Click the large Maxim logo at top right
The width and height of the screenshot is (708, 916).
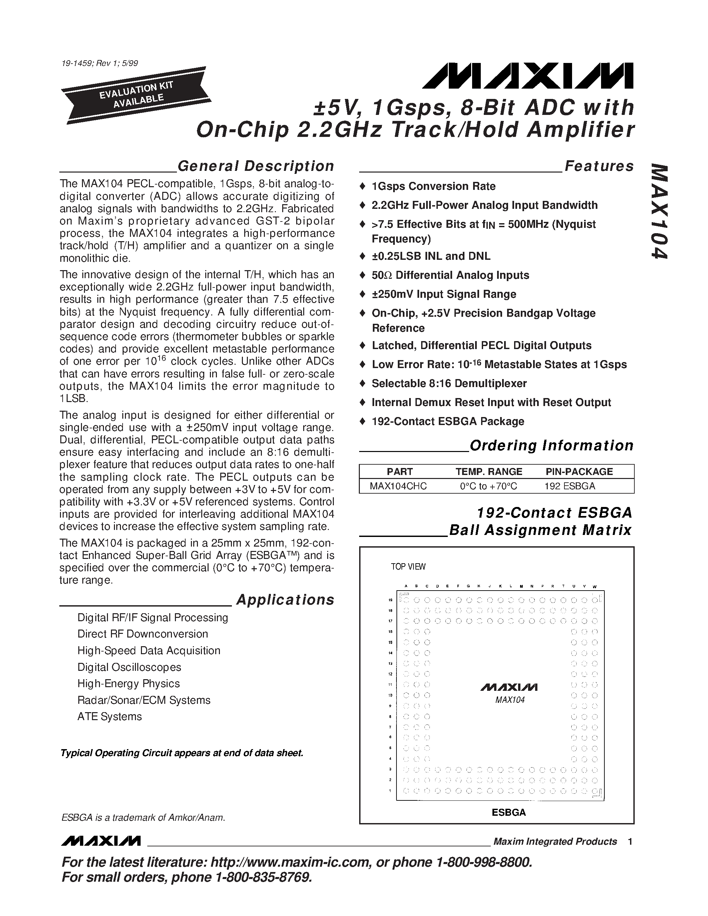tap(528, 76)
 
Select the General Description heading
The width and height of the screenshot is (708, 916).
tap(256, 166)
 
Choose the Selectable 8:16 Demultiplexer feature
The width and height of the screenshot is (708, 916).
tap(449, 383)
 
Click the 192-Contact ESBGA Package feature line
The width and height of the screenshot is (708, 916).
tap(447, 421)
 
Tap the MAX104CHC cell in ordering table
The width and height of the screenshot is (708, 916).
tap(398, 486)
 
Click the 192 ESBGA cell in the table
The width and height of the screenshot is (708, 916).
tap(570, 486)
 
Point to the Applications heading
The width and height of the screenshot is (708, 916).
tap(285, 600)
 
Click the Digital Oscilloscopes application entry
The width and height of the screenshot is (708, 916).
tap(129, 667)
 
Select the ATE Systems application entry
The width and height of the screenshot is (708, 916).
tap(110, 716)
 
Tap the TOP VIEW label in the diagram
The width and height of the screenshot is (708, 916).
tap(408, 567)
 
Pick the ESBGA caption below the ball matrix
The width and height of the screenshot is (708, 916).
tap(508, 812)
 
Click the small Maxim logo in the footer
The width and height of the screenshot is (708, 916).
tap(100, 841)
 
